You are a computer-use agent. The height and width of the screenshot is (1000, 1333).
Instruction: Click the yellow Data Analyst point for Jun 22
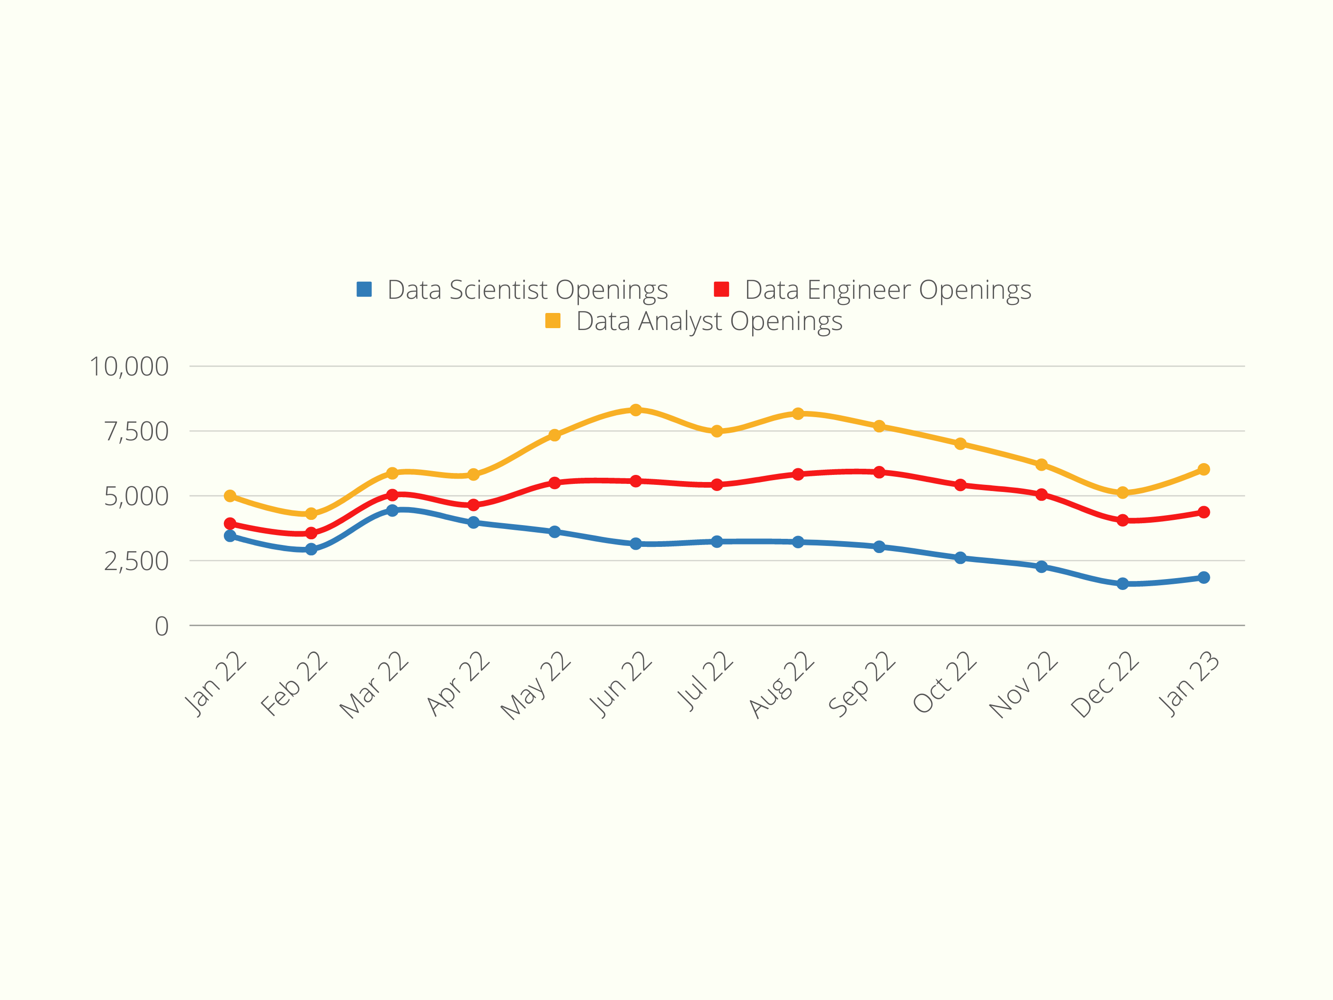[x=636, y=410]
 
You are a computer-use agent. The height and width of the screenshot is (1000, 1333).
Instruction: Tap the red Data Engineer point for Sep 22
[x=879, y=472]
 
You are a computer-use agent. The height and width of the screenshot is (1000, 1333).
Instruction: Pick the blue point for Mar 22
[x=392, y=510]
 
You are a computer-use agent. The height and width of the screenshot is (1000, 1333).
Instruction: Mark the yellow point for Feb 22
[x=311, y=514]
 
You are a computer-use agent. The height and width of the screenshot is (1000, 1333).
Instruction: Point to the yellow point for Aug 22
[x=798, y=413]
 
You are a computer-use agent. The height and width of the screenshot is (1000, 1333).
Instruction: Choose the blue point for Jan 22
[x=230, y=536]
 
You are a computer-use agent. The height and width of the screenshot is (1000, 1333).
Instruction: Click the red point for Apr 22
[x=474, y=505]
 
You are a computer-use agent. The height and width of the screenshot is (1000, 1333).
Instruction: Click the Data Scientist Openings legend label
[x=527, y=290]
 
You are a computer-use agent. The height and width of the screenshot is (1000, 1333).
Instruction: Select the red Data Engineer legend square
[x=721, y=289]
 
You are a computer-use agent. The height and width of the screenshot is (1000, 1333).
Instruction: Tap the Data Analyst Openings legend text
[x=709, y=321]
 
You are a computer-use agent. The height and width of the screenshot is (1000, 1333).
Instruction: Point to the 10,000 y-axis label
[x=129, y=366]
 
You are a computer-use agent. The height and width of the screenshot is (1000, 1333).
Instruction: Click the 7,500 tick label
[x=136, y=432]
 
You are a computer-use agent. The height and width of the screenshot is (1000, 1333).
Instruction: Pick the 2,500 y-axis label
[x=136, y=561]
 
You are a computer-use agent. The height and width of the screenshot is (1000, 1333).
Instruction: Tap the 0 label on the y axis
[x=161, y=626]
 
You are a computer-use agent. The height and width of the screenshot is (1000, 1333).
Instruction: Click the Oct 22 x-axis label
[x=944, y=682]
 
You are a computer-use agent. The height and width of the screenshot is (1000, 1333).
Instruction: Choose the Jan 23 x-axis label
[x=1188, y=684]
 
